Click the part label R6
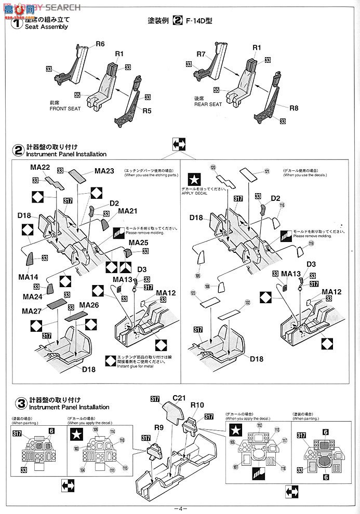pos(100,44)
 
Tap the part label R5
pos(147,111)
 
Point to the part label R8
pos(294,109)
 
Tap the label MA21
pos(128,211)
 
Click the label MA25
pos(139,242)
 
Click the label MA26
pos(89,305)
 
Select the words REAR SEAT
pos(208,104)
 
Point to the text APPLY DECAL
pos(194,193)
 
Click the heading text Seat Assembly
pos(47,26)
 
